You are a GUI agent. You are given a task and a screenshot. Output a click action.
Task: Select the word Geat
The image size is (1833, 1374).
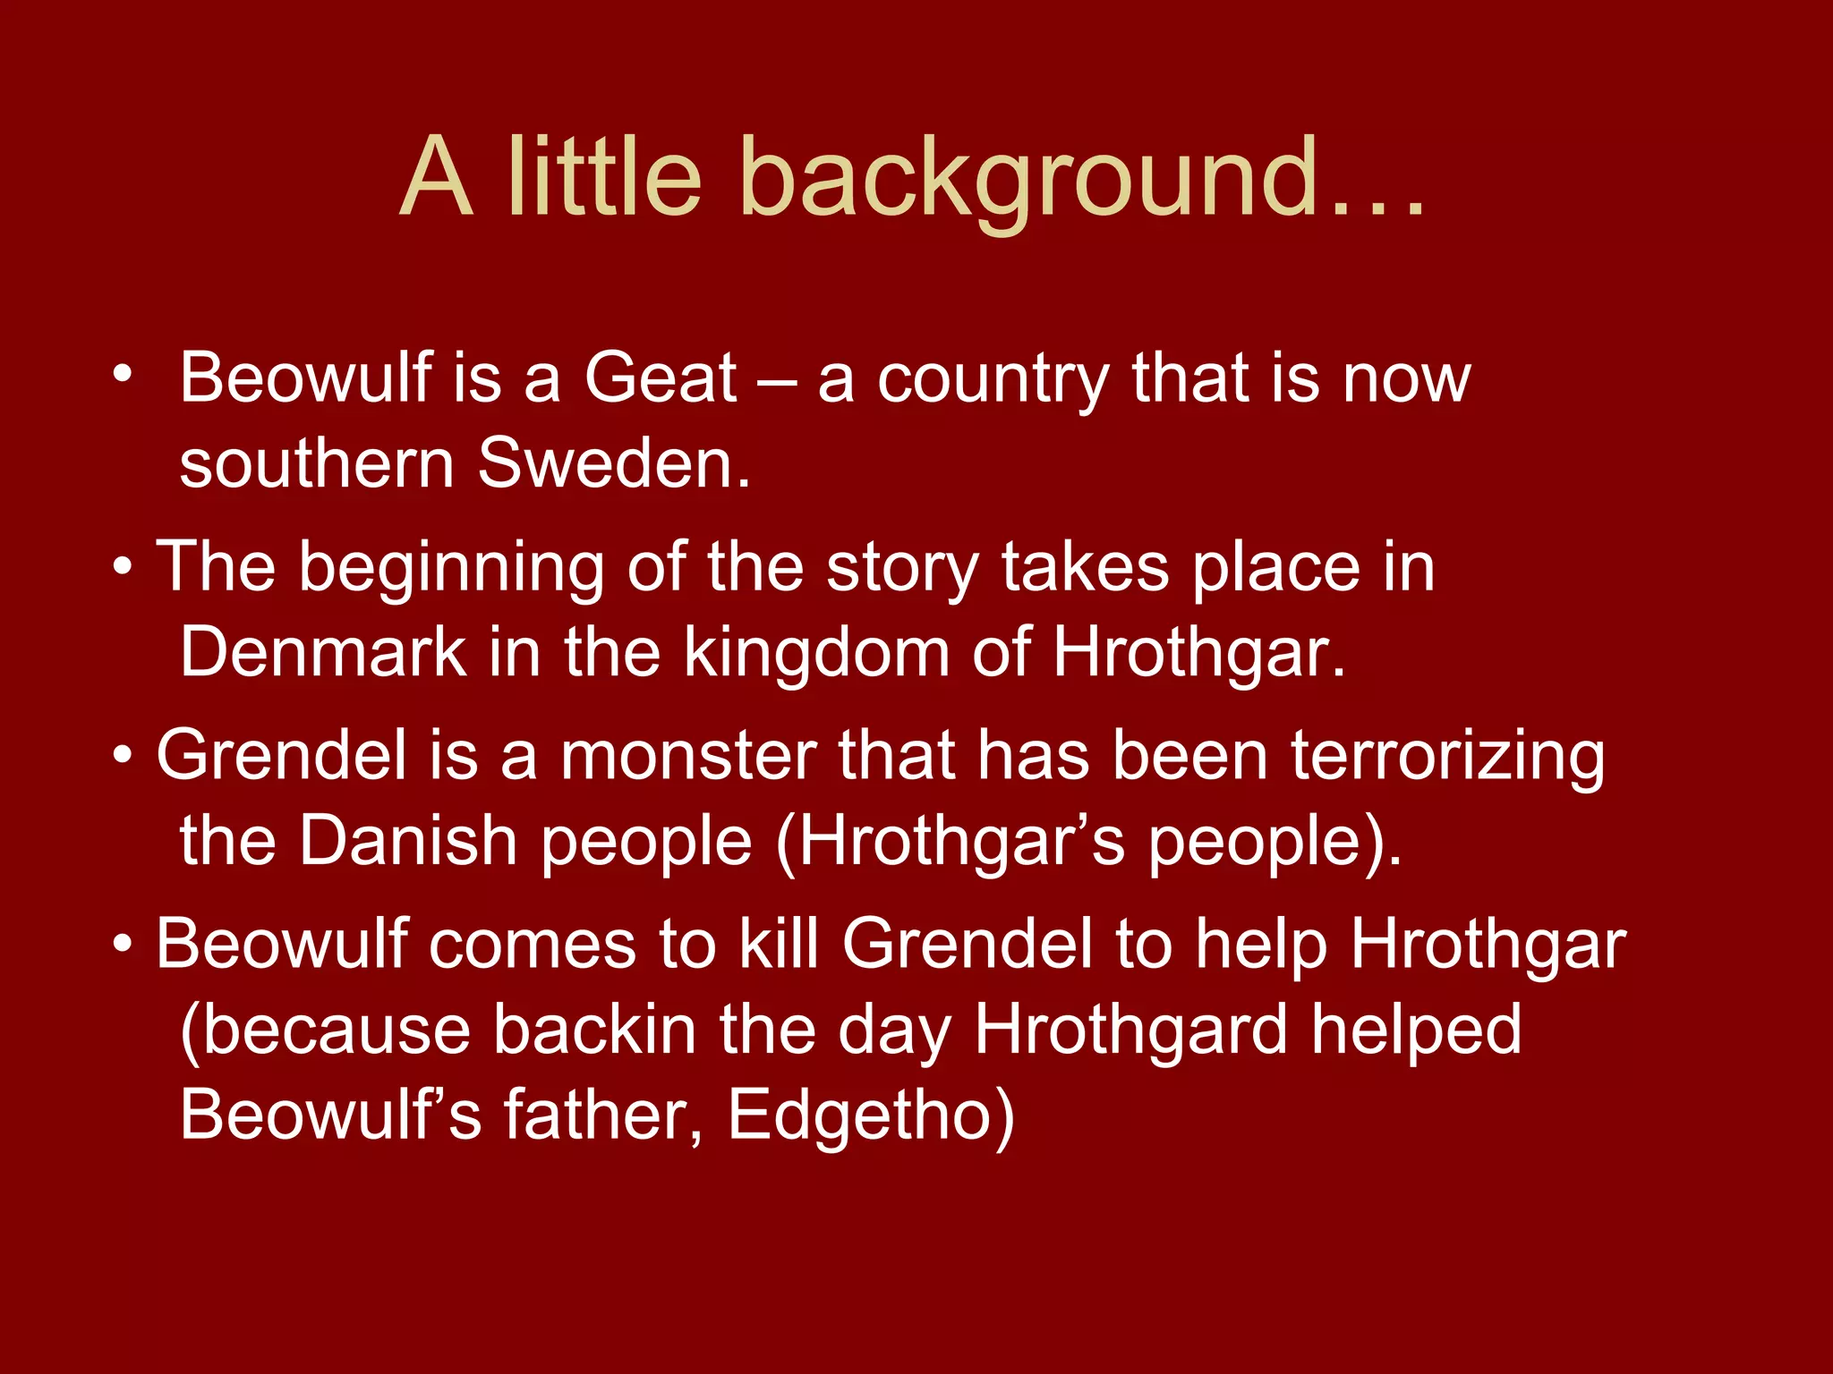pos(661,377)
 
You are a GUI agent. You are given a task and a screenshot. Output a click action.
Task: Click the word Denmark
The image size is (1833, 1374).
pos(323,651)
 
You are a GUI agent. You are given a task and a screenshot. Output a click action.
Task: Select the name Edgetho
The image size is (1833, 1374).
pos(870,1115)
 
